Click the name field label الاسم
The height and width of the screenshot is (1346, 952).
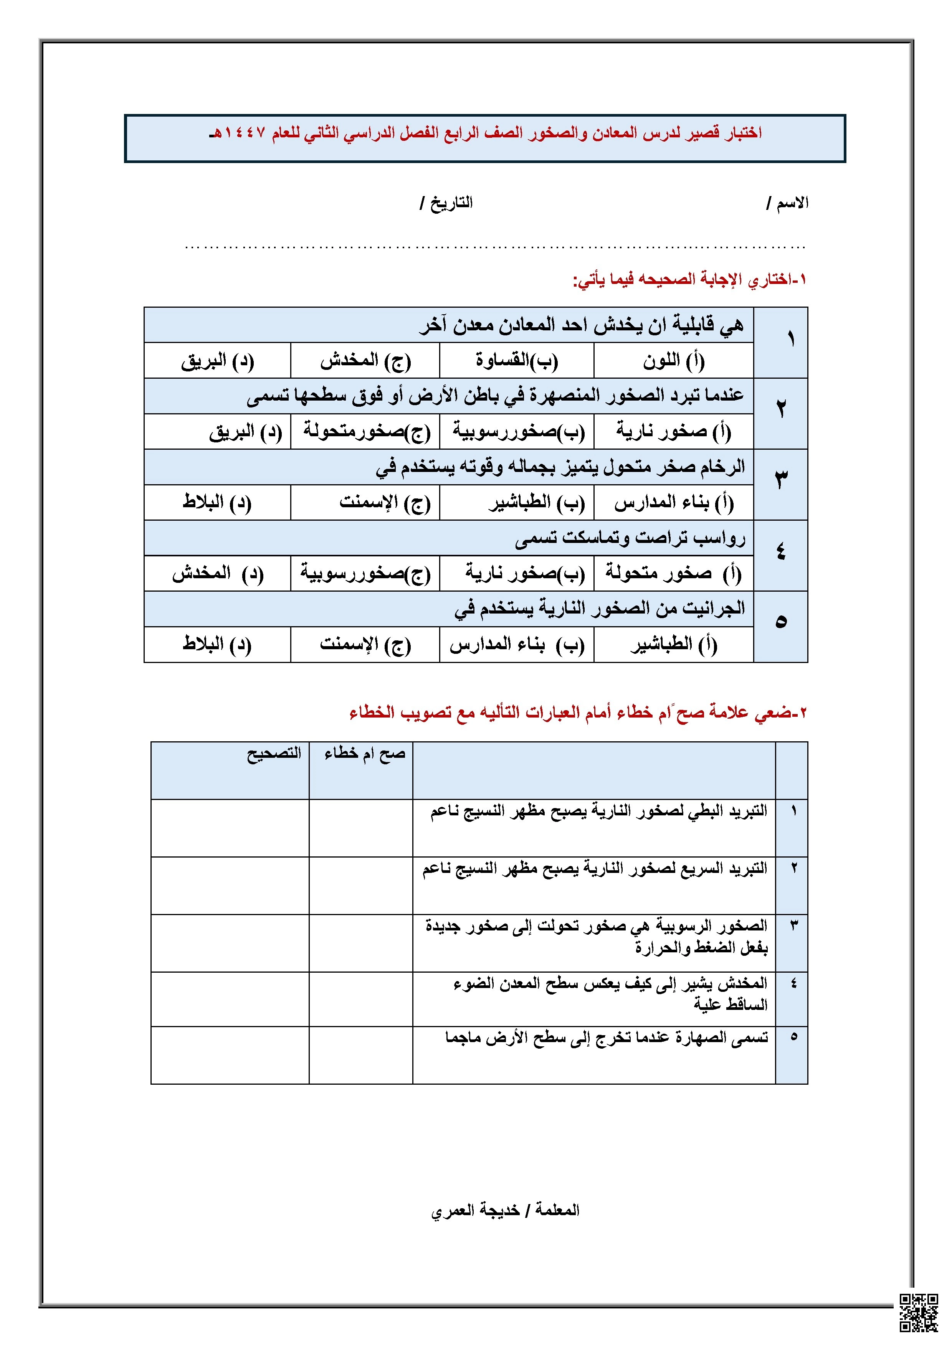[792, 203]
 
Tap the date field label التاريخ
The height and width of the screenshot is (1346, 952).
[451, 203]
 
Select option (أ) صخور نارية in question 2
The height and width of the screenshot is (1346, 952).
[673, 432]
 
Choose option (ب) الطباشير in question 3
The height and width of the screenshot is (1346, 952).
[536, 502]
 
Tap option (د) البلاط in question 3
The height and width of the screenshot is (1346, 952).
[217, 502]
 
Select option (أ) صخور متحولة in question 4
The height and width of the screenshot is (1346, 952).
[673, 573]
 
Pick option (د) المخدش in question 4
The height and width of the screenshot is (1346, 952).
[217, 573]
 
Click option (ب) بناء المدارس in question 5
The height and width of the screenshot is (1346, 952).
[517, 644]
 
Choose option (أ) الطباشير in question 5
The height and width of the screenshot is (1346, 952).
[673, 644]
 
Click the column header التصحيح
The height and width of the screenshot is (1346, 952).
[273, 753]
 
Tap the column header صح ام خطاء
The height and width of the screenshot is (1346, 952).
[365, 753]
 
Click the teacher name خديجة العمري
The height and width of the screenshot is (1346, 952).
[475, 1211]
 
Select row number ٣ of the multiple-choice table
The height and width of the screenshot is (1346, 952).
[781, 479]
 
